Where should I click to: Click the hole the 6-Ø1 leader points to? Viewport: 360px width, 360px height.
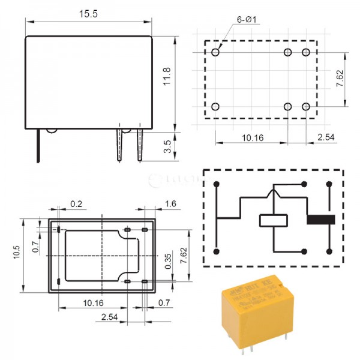click(216, 52)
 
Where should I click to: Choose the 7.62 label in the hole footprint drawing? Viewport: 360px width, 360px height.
click(340, 79)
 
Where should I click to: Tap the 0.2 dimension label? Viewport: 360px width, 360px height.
click(76, 204)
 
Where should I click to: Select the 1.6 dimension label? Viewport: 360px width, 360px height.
click(170, 204)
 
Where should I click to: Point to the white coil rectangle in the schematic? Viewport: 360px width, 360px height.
click(274, 220)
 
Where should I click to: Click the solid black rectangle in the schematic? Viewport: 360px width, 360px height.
click(319, 220)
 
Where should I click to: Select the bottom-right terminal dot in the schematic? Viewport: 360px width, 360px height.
click(329, 251)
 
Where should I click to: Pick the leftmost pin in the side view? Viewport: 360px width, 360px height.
click(38, 146)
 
